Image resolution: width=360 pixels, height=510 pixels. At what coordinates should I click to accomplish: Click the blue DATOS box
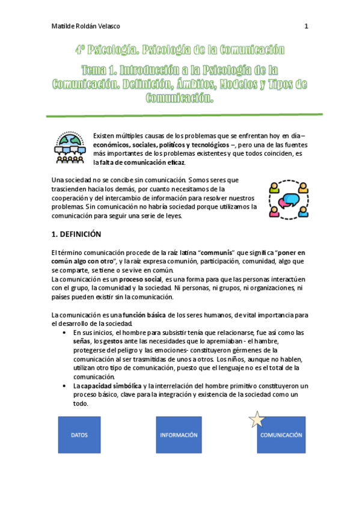(x=79, y=435)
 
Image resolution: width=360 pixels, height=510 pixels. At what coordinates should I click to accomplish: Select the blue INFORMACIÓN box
(x=178, y=435)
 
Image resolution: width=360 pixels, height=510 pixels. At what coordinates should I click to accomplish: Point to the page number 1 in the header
(x=306, y=26)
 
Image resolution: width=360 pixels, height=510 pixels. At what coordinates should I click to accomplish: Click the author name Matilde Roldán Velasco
(x=87, y=26)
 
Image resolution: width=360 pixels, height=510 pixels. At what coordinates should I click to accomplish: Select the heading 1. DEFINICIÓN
(x=76, y=234)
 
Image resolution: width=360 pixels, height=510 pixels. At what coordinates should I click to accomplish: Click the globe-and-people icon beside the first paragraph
(x=69, y=148)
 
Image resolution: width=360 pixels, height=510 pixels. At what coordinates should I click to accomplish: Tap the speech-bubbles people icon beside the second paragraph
(x=291, y=198)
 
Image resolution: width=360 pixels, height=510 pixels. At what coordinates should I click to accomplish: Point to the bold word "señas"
(x=82, y=341)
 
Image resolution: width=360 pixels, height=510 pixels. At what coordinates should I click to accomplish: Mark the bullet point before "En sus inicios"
(x=64, y=333)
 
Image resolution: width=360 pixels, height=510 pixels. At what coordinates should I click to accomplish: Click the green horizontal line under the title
(x=180, y=114)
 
